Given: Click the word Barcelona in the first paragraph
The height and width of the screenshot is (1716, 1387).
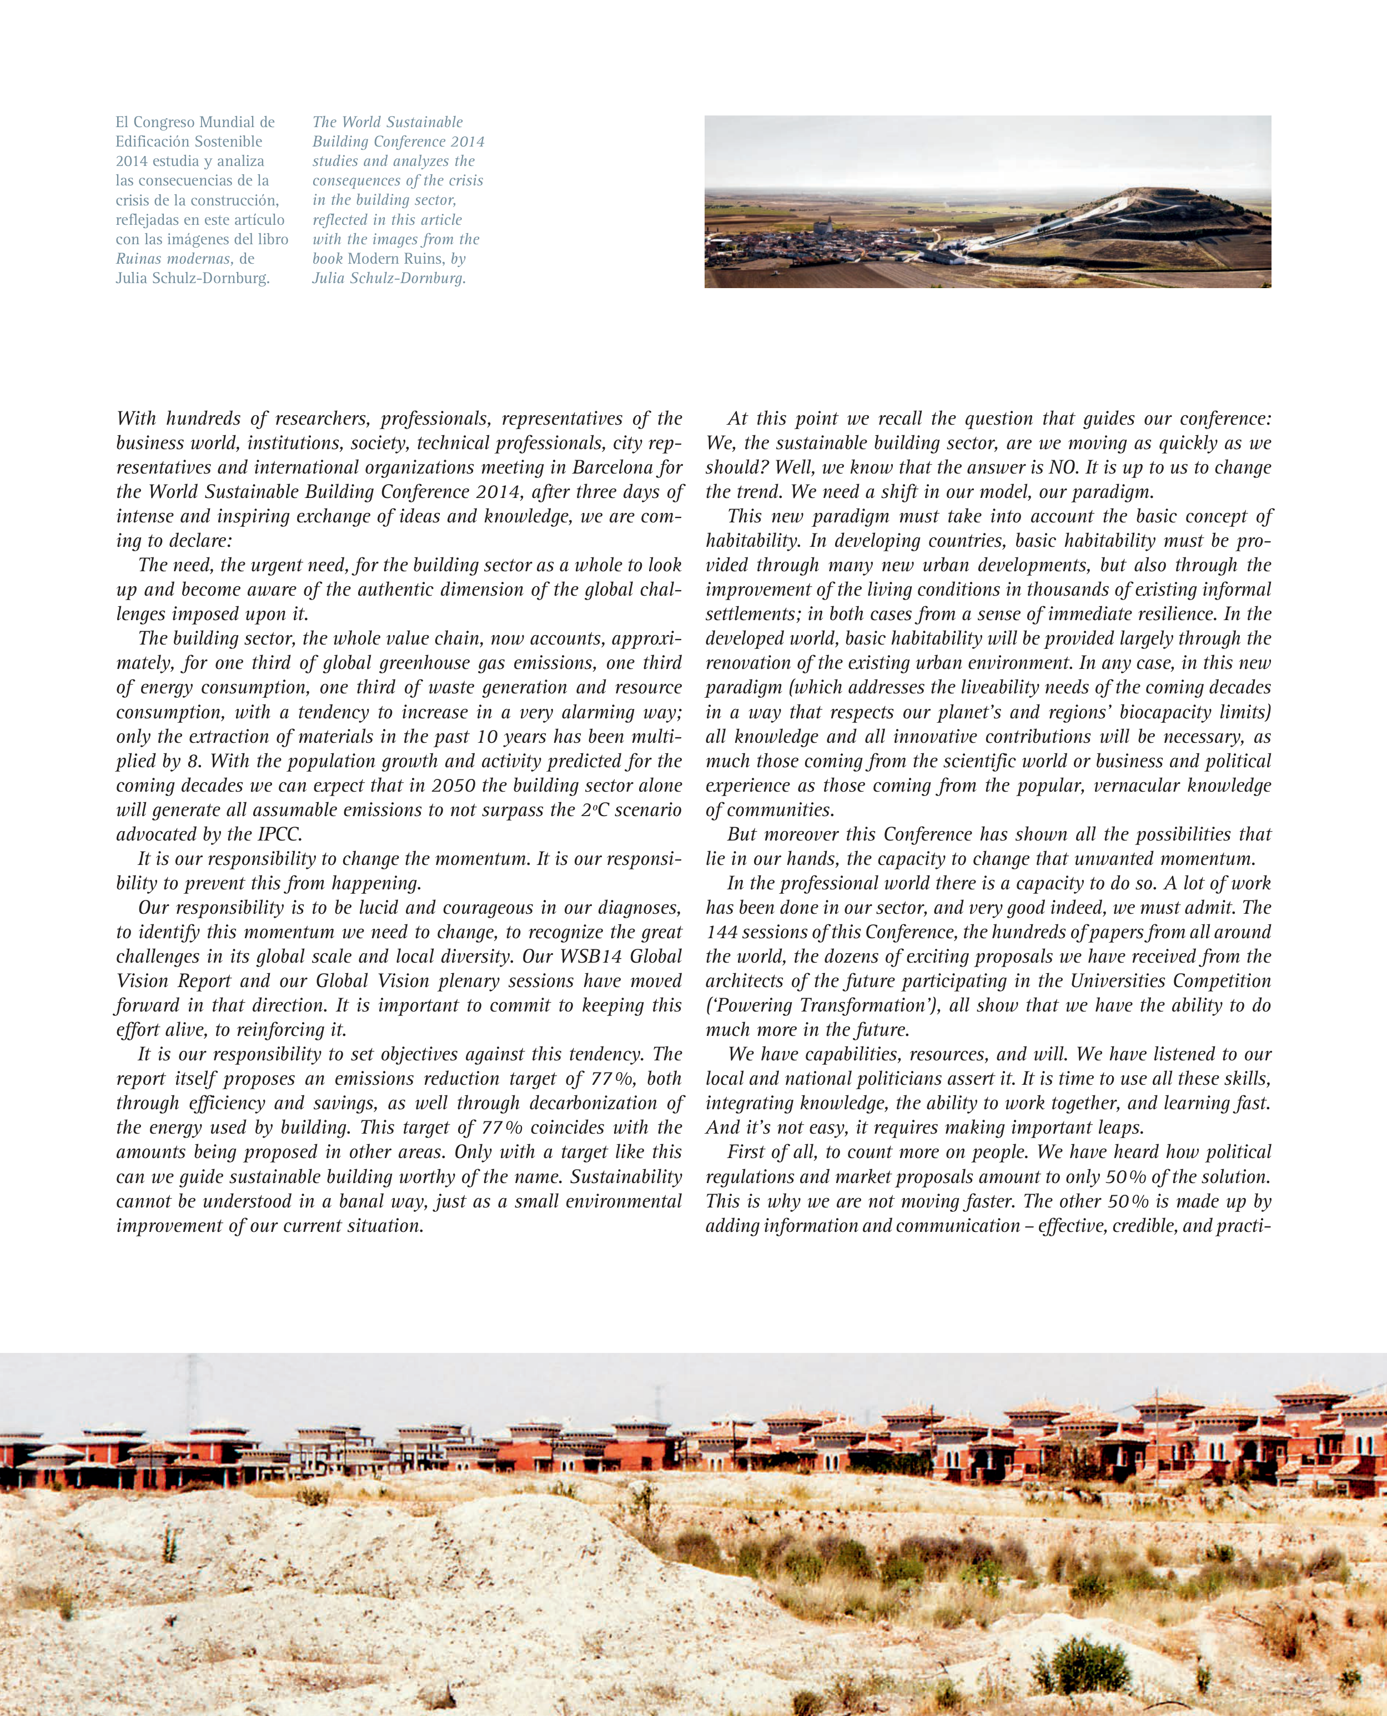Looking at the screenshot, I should coord(615,467).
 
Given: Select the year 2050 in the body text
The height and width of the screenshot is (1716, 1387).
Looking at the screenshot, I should coord(453,786).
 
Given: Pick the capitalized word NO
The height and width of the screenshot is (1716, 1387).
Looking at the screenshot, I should coord(1064,467).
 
